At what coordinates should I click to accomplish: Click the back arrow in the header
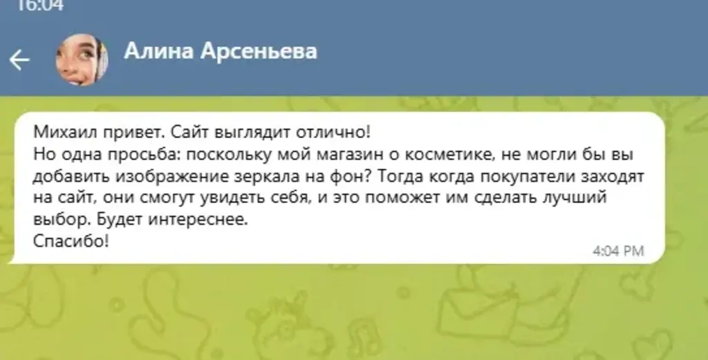pyautogui.click(x=19, y=60)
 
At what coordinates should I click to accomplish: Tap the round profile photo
pyautogui.click(x=82, y=59)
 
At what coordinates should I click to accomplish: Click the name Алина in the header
pyautogui.click(x=158, y=51)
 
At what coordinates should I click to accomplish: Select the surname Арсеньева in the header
pyautogui.click(x=259, y=51)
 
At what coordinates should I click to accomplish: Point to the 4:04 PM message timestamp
pyautogui.click(x=618, y=251)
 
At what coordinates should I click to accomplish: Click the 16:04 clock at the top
pyautogui.click(x=41, y=6)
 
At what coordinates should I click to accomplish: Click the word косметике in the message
pyautogui.click(x=447, y=154)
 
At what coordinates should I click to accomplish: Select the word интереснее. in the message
pyautogui.click(x=198, y=220)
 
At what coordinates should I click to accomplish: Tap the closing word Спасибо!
pyautogui.click(x=71, y=241)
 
